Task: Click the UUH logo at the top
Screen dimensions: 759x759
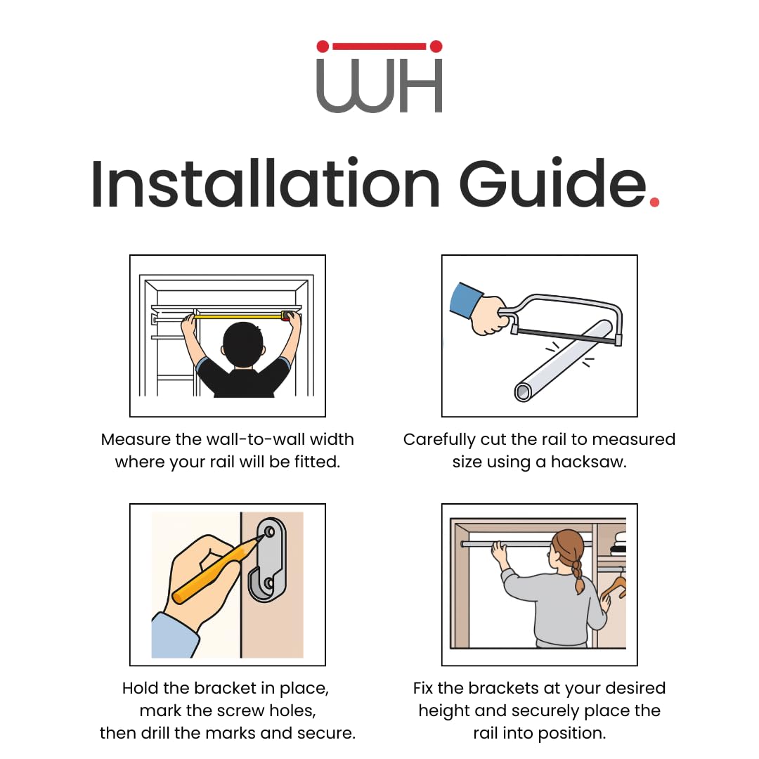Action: coord(379,77)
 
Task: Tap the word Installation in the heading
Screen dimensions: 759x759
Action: coord(265,184)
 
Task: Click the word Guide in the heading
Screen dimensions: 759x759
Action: coord(552,184)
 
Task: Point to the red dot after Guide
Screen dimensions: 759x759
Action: coord(654,202)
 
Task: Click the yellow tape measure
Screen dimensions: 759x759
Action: coord(240,317)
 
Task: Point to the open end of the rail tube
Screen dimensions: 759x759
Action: coord(522,391)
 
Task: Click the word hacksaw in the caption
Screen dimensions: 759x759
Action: coord(588,462)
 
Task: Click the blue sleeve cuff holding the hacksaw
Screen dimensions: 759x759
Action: coord(466,300)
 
